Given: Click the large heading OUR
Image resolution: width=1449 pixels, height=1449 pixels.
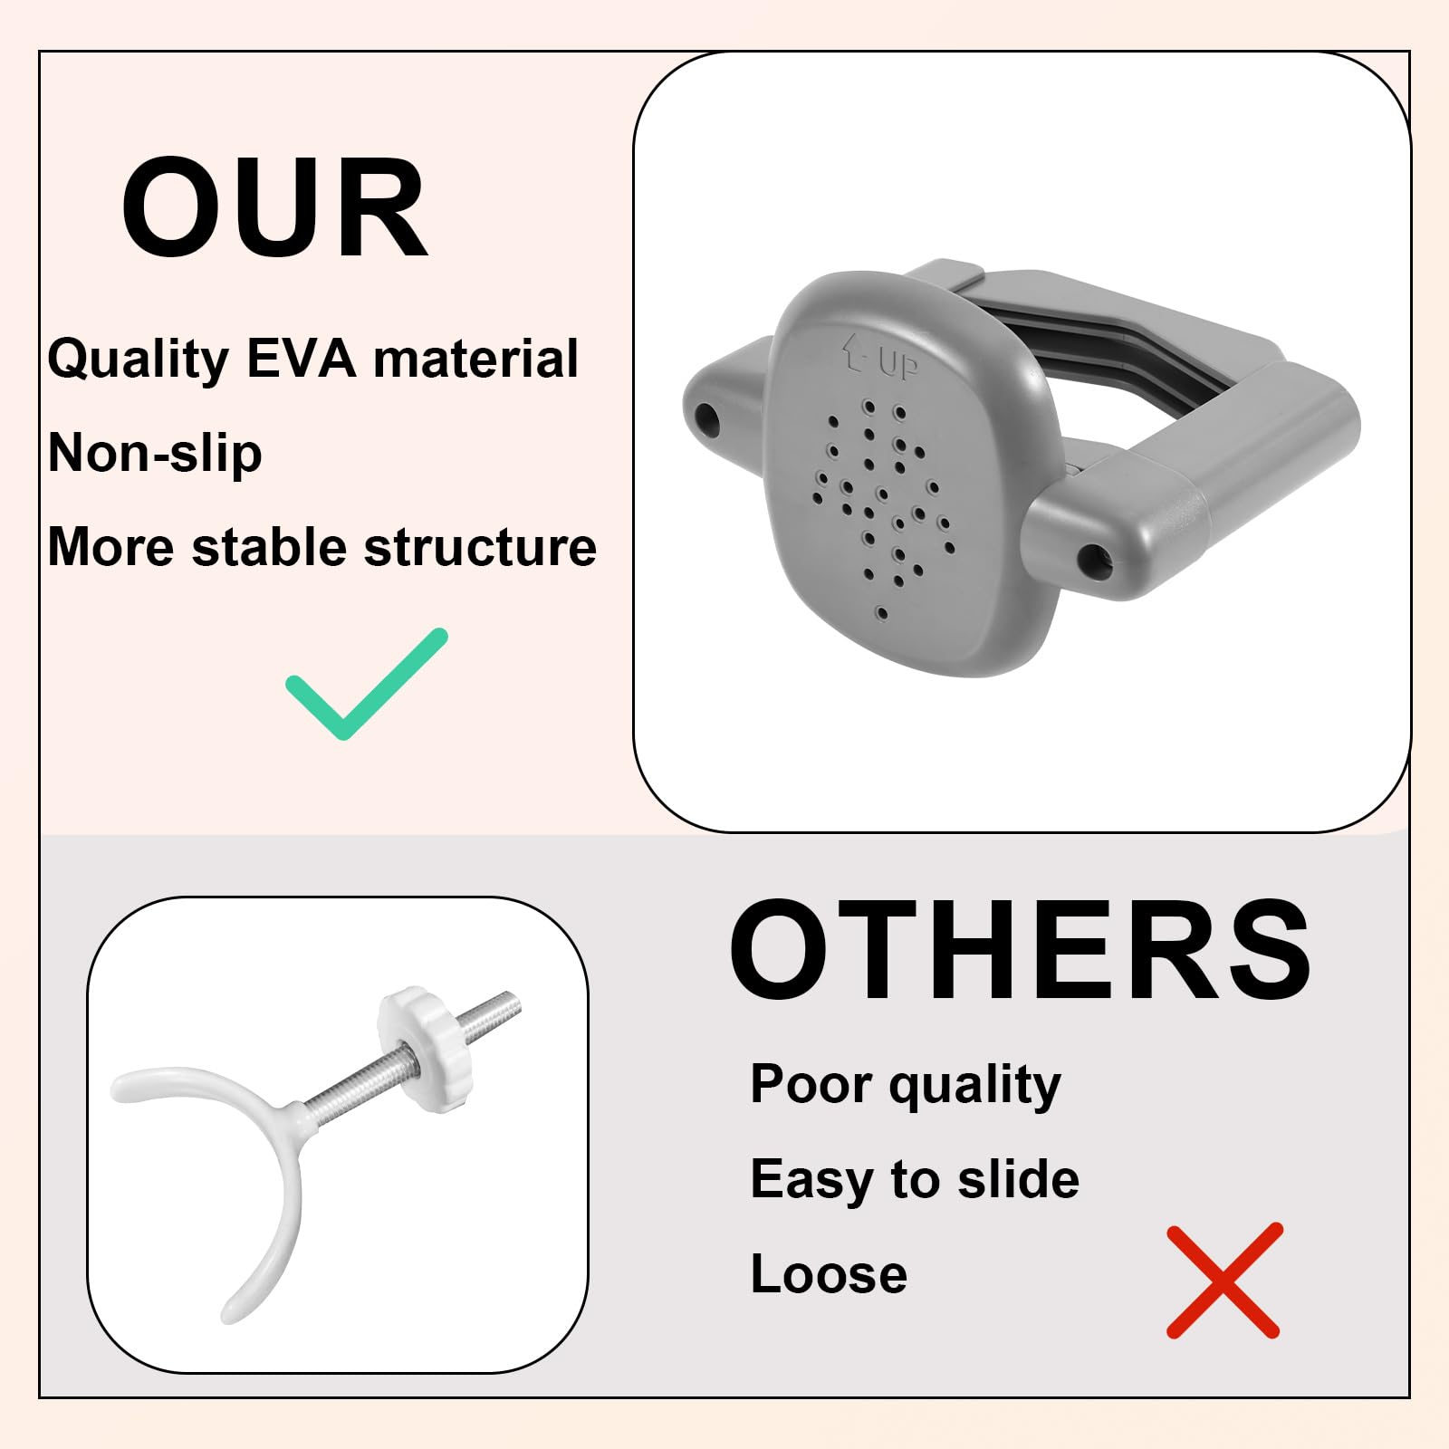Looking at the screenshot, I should (273, 209).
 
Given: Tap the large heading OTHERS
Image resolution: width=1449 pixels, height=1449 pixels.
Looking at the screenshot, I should (1020, 951).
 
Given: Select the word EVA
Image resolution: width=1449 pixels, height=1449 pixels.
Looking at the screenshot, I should (302, 359).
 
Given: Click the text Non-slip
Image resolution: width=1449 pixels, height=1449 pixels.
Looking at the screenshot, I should (155, 453).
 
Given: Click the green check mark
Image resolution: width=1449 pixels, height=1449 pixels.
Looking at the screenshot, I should (367, 684).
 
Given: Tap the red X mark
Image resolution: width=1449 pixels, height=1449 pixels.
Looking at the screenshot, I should (1223, 1281).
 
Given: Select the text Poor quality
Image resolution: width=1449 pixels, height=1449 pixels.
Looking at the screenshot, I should (905, 1085).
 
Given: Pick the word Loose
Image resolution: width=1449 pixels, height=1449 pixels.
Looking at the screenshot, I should (829, 1274).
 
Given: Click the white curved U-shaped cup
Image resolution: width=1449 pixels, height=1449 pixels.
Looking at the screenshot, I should (226, 1168).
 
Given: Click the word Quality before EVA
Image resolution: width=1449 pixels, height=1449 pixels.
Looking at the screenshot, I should (138, 360).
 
